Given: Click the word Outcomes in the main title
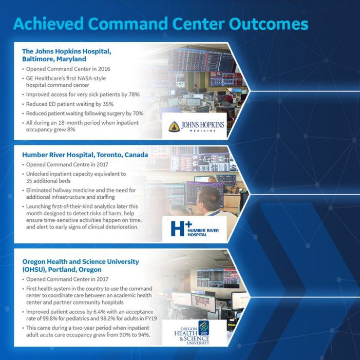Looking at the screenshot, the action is click(268, 24).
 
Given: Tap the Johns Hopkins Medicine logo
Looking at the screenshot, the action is click(196, 126).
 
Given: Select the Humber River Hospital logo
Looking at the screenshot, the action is click(195, 229).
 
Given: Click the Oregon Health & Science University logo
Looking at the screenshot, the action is click(192, 332).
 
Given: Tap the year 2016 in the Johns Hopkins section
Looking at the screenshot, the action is click(104, 69).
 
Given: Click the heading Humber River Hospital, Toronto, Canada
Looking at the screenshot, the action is click(85, 155).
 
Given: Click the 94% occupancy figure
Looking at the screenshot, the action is click(144, 335).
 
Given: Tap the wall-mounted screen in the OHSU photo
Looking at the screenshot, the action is click(218, 278).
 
